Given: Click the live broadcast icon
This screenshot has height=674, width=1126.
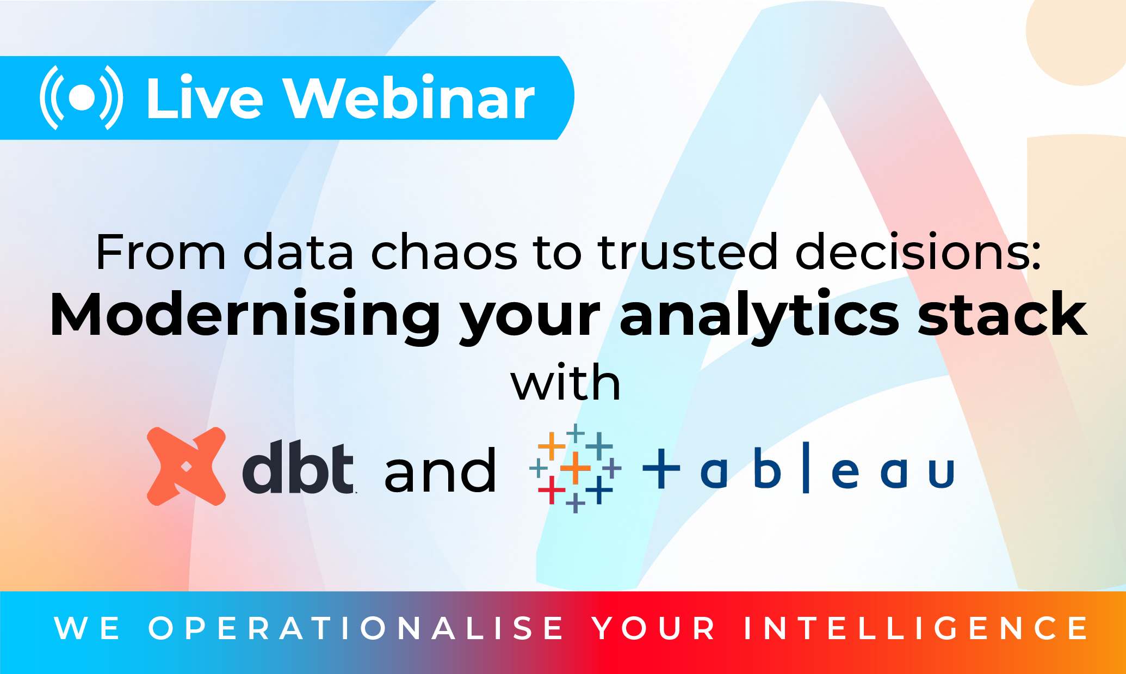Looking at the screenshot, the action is click(82, 98).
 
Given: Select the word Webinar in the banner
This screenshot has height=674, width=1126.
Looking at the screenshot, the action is click(411, 98).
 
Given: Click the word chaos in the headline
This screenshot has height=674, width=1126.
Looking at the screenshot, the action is click(444, 252).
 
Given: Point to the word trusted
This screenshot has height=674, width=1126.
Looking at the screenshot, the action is click(688, 252).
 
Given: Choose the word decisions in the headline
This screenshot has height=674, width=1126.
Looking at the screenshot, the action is click(919, 252).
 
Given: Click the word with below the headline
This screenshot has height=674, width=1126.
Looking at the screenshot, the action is click(566, 382).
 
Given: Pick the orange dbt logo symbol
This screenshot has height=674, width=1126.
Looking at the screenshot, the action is click(186, 467).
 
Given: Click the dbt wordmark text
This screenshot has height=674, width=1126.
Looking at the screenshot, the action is click(298, 467).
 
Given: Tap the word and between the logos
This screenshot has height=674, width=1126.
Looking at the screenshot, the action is click(440, 470).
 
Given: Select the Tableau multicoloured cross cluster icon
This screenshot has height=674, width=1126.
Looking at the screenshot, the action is click(576, 468).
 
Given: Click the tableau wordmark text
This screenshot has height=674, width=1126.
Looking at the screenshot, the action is click(799, 468).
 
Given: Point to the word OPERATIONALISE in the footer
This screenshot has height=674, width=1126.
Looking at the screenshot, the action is click(356, 628).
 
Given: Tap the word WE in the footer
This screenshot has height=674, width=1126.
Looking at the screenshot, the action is click(88, 628).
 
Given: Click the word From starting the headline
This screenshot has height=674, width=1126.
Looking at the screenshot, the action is click(160, 252).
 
